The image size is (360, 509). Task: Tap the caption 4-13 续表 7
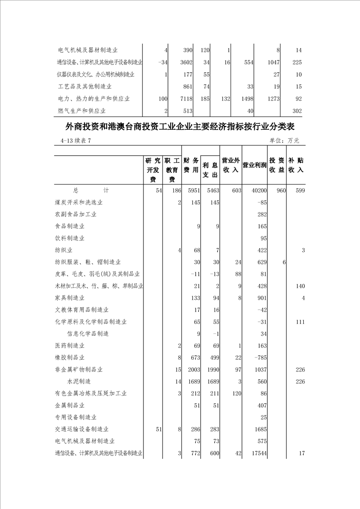[76, 141]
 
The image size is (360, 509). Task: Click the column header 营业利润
[254, 165]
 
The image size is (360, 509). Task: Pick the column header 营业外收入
[231, 165]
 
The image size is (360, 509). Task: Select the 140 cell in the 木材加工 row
[299, 286]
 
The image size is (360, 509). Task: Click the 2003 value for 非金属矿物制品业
[193, 370]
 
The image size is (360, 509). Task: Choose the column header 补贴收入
[296, 165]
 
